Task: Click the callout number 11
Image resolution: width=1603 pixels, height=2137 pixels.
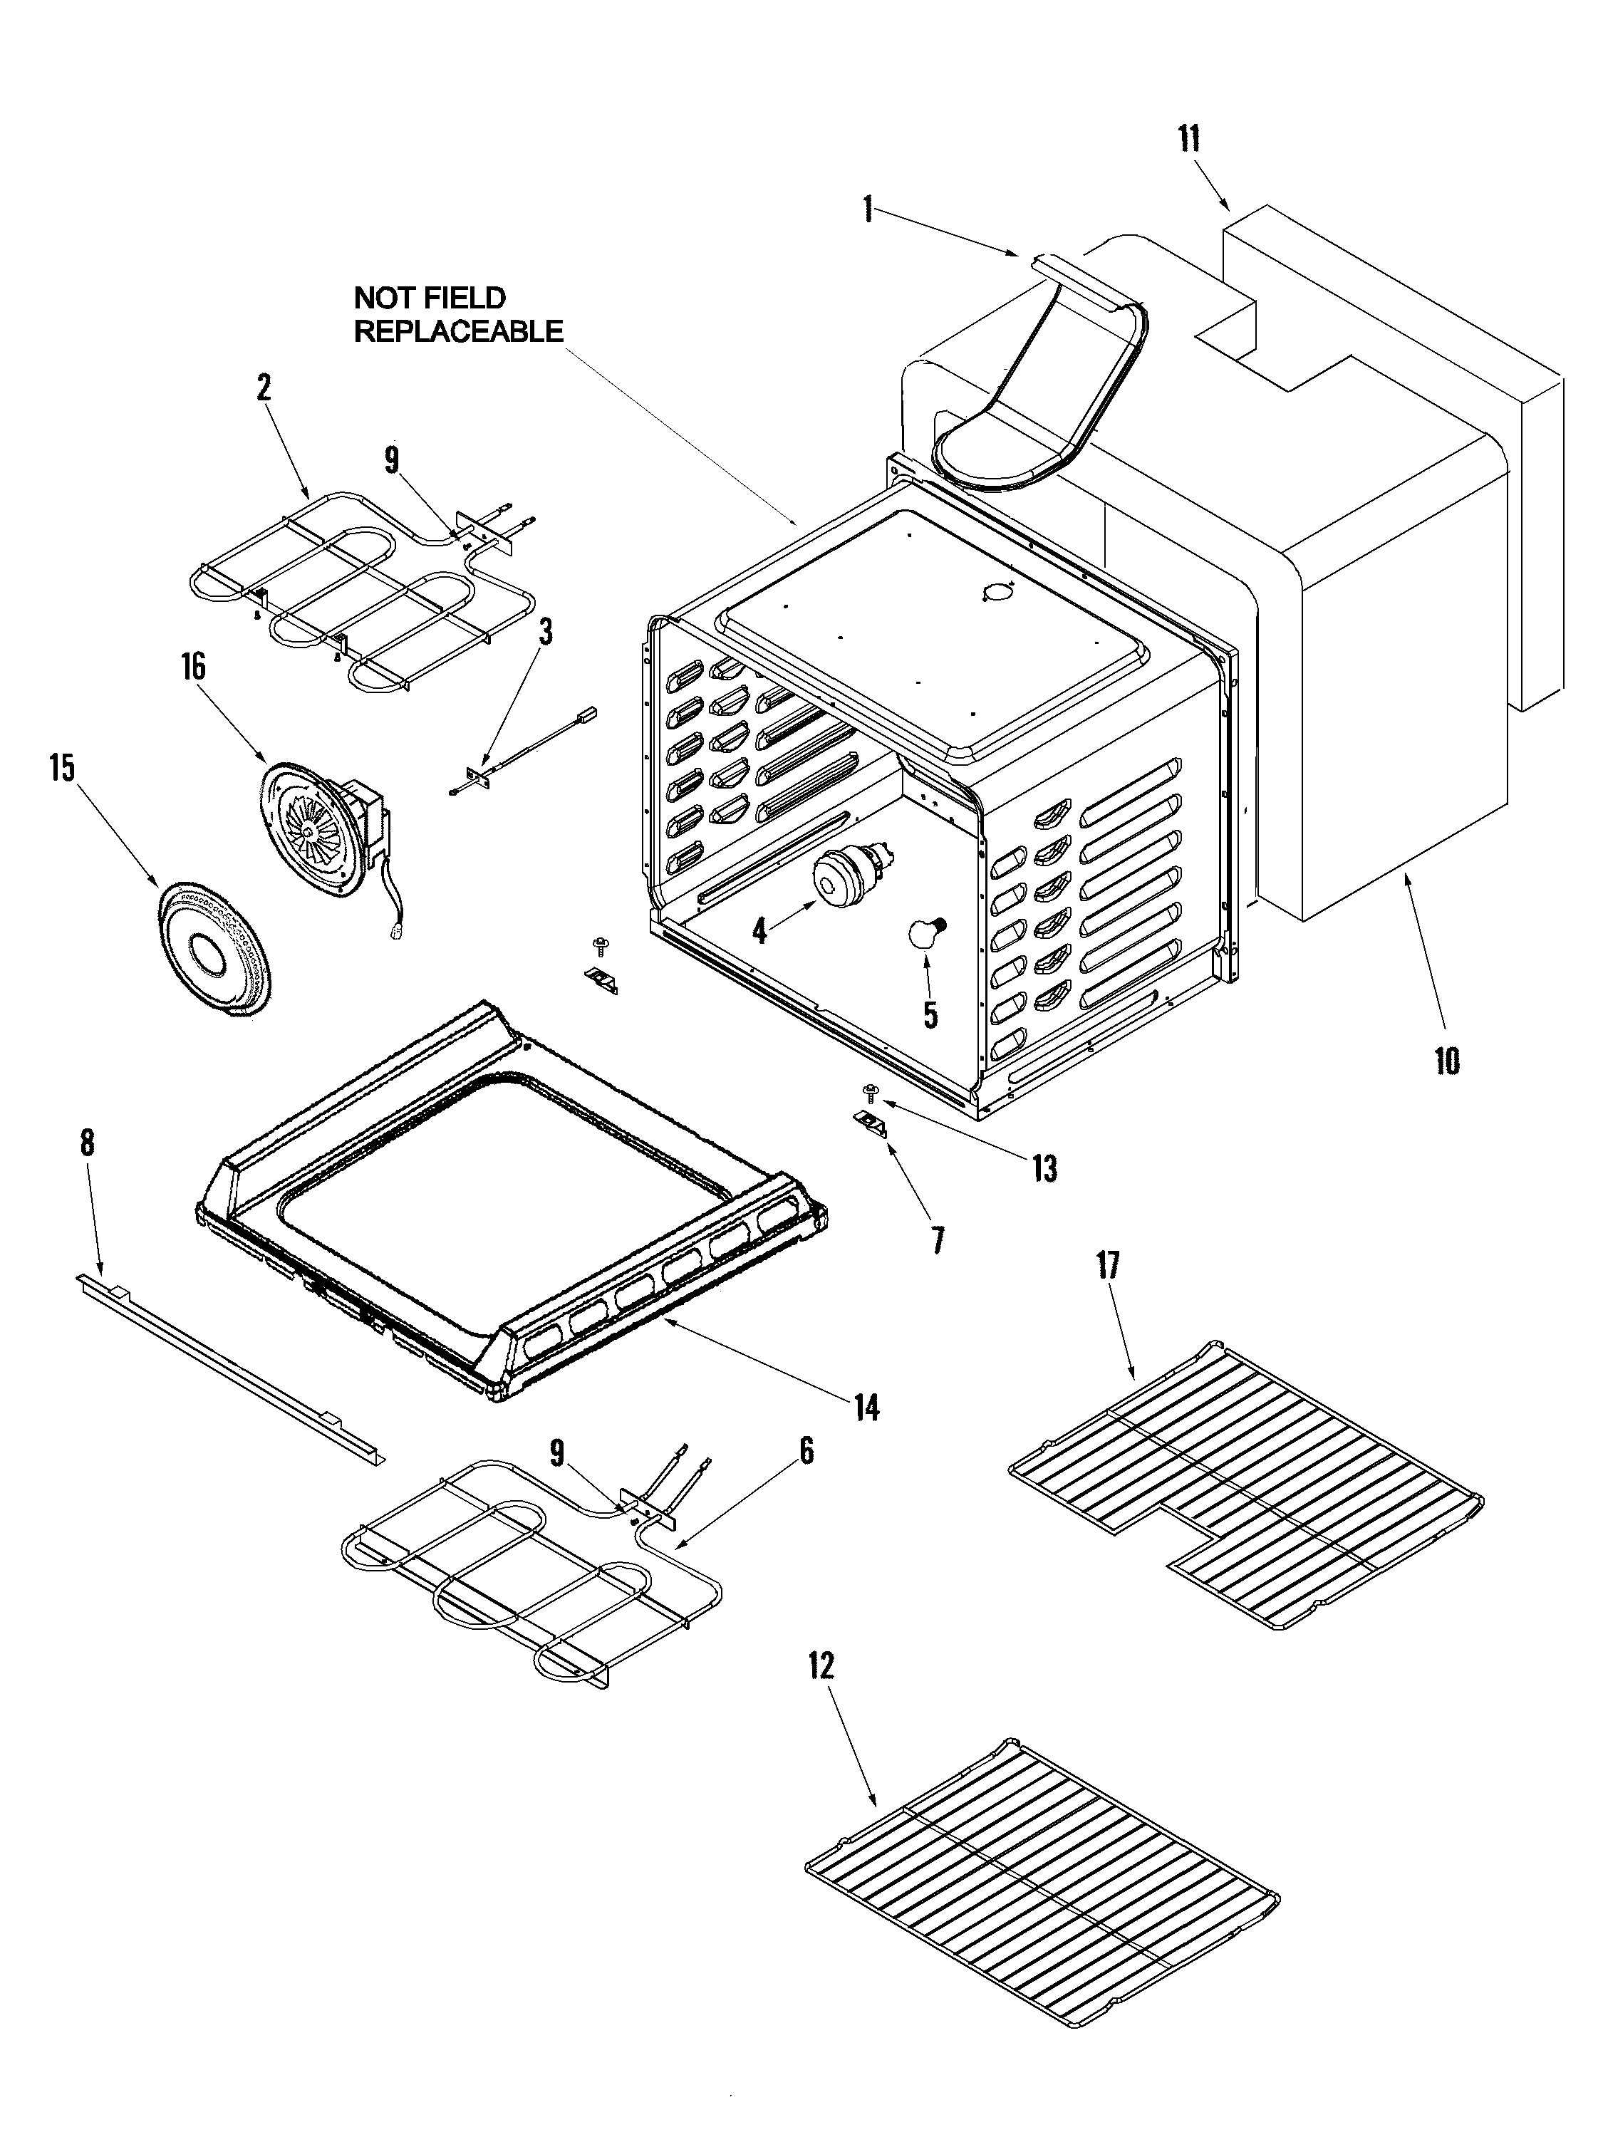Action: (1188, 140)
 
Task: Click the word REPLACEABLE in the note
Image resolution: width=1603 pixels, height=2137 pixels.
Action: (458, 331)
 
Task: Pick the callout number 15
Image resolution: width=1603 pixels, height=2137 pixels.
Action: (63, 769)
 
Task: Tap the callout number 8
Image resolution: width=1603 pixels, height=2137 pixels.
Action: (87, 1143)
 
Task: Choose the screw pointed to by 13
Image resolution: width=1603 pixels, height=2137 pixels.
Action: (871, 1092)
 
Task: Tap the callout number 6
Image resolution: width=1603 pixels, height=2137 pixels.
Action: (806, 1450)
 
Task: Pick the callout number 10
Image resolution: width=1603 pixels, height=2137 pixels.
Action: (1446, 1061)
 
